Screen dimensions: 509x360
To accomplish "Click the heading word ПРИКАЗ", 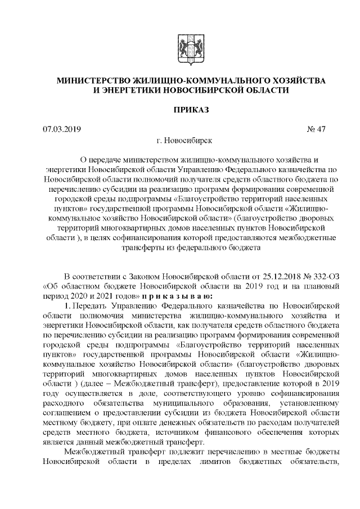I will [x=191, y=110].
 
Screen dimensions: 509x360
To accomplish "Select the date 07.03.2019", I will [x=62, y=129].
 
